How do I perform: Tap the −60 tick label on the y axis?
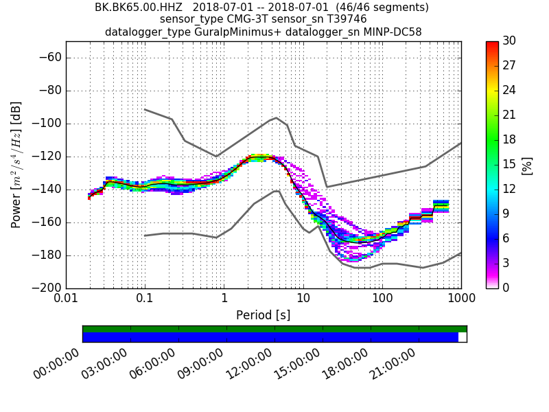pos(51,58)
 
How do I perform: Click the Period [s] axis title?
pos(263,315)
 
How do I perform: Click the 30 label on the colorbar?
pos(510,41)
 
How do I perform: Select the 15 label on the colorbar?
pos(510,164)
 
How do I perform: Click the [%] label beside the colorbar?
pos(527,165)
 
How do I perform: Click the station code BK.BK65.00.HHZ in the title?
pos(140,8)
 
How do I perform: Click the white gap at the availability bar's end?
pos(462,337)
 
